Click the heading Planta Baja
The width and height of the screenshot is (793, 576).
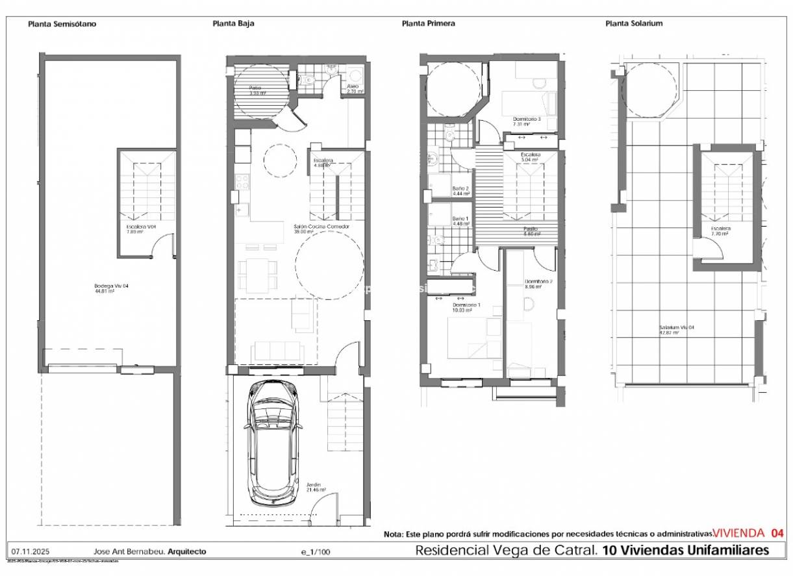[x=233, y=23]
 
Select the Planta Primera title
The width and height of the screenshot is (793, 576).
[x=428, y=23]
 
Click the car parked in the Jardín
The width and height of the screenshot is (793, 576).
[x=274, y=444]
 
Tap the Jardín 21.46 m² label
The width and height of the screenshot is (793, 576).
[x=316, y=487]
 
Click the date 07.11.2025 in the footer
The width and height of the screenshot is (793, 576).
[x=27, y=551]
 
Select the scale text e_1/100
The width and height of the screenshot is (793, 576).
[x=315, y=552]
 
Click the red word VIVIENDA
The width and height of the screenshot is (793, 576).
[x=738, y=533]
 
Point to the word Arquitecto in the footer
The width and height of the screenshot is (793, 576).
[x=186, y=551]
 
